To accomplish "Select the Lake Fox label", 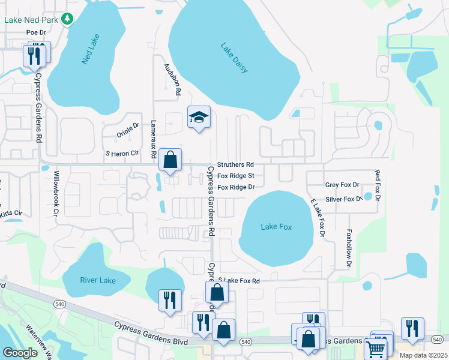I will coord(276,227).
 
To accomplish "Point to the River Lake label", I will coord(97,280).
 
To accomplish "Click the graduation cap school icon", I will coord(199,118).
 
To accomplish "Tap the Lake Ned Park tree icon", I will coord(68,19).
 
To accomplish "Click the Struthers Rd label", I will coord(236,164).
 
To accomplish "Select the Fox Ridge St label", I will coord(237,176).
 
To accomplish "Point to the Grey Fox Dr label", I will coord(342,185).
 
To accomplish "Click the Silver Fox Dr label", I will coord(344,199).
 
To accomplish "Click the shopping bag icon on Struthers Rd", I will coord(171,160).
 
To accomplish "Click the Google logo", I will coord(20,353).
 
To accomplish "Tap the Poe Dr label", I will coord(36,32).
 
